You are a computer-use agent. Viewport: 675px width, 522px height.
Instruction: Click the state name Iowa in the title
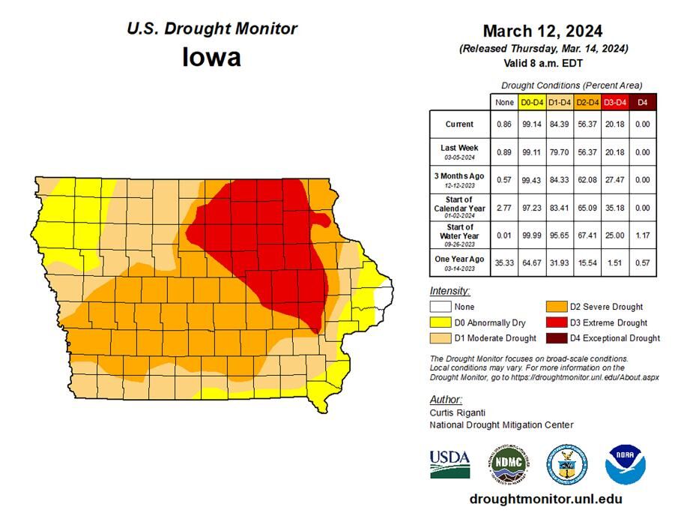point(211,58)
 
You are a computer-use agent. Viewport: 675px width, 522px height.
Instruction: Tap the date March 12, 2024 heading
point(542,31)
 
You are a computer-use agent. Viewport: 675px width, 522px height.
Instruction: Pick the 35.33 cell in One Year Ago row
point(505,262)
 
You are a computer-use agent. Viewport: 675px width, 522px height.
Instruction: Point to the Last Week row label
point(459,151)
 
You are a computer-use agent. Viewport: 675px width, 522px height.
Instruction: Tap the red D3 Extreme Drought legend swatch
point(556,322)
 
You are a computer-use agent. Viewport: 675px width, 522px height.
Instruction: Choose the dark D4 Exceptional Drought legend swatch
point(556,337)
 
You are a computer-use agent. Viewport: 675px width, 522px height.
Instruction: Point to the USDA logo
point(450,463)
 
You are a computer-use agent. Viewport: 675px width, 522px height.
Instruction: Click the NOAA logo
point(626,463)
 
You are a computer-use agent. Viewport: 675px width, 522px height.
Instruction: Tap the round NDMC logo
point(509,463)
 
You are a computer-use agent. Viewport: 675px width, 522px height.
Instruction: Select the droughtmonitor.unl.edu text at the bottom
point(545,499)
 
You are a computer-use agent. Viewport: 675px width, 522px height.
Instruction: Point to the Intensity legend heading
point(450,290)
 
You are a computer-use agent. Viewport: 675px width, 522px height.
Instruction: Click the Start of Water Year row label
point(459,231)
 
